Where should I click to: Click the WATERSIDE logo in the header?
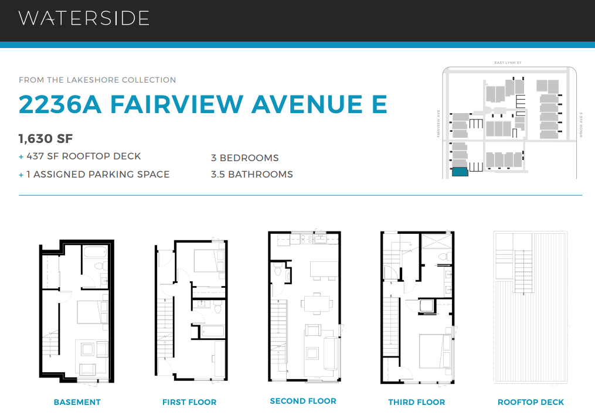[x=84, y=18]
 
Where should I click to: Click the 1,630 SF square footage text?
[x=46, y=138]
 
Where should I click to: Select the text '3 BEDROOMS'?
[x=245, y=158]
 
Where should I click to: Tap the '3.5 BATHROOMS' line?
[x=252, y=174]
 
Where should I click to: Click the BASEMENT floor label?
[x=77, y=402]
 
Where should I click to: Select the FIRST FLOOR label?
[x=189, y=402]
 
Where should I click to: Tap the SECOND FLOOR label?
[x=303, y=401]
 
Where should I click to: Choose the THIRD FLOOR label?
[x=417, y=402]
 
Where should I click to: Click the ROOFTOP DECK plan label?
[x=531, y=402]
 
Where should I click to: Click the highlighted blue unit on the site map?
[x=460, y=172]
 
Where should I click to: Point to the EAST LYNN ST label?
[x=508, y=63]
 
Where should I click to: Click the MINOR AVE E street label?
[x=580, y=124]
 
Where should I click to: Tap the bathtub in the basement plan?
[x=95, y=253]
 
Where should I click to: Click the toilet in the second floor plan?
[x=277, y=270]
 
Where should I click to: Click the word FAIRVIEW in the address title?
[x=176, y=104]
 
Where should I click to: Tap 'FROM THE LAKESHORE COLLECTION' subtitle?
[x=97, y=80]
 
